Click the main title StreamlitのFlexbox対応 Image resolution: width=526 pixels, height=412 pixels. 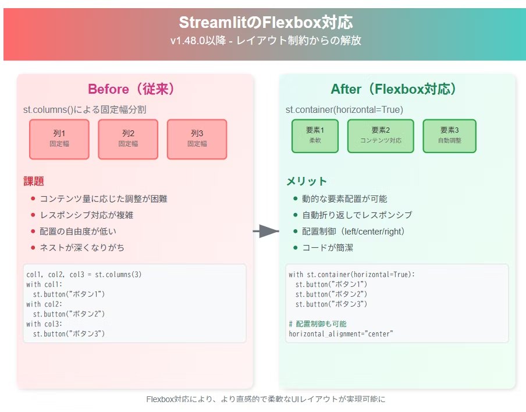pyautogui.click(x=265, y=23)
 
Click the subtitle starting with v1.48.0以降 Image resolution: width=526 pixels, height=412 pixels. pyautogui.click(x=265, y=41)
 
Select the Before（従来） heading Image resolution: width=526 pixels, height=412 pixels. pyautogui.click(x=131, y=89)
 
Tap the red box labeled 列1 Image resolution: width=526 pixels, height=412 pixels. pyautogui.click(x=59, y=139)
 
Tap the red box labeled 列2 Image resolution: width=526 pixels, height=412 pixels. pyautogui.click(x=128, y=139)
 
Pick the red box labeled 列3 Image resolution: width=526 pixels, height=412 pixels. pyautogui.click(x=197, y=139)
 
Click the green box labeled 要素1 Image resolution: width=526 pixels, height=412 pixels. pyautogui.click(x=315, y=136)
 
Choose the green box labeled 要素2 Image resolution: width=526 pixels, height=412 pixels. pyautogui.click(x=381, y=136)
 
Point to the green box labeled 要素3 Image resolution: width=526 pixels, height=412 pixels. pyautogui.click(x=449, y=136)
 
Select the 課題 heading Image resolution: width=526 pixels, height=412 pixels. pyautogui.click(x=34, y=181)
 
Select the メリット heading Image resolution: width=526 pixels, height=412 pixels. pyautogui.click(x=306, y=181)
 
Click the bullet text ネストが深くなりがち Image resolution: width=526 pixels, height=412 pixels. pyautogui.click(x=82, y=247)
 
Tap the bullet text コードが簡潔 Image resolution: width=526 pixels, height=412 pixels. pyautogui.click(x=327, y=247)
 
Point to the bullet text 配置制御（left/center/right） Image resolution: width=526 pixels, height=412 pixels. pyautogui.click(x=353, y=231)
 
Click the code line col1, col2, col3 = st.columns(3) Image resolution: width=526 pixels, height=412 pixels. pyautogui.click(x=84, y=275)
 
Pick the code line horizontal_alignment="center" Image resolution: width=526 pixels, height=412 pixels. pyautogui.click(x=341, y=333)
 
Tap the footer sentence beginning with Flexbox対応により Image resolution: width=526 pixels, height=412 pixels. pyautogui.click(x=265, y=400)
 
